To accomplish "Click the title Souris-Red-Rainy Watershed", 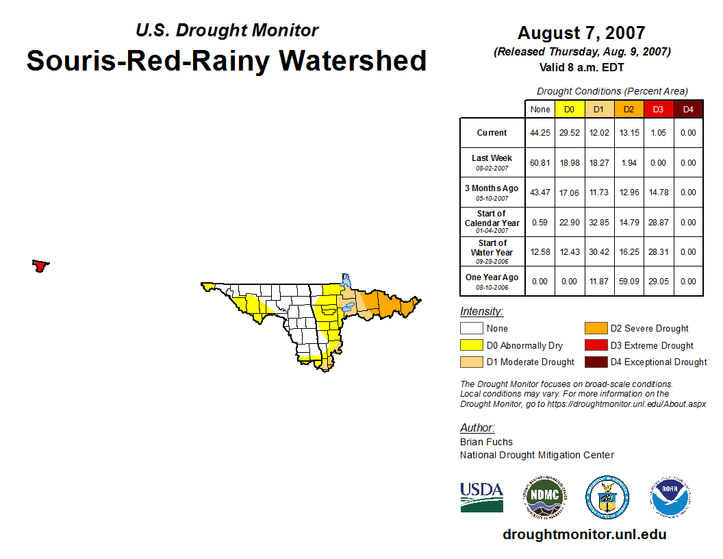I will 227,61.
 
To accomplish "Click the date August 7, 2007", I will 581,33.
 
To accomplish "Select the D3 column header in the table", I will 658,109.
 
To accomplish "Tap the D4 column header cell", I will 688,109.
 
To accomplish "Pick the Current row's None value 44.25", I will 540,133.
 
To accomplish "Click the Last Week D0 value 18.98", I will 570,163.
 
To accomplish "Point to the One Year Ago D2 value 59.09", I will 629,282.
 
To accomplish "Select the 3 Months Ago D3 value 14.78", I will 658,192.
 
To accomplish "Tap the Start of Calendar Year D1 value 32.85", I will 599,223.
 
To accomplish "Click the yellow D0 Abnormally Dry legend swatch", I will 471,345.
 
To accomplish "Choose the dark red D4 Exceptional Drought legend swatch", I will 594,362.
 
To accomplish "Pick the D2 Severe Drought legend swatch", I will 594,329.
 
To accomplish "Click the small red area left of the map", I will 40,266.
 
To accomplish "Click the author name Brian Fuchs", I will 486,442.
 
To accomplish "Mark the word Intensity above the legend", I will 481,312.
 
